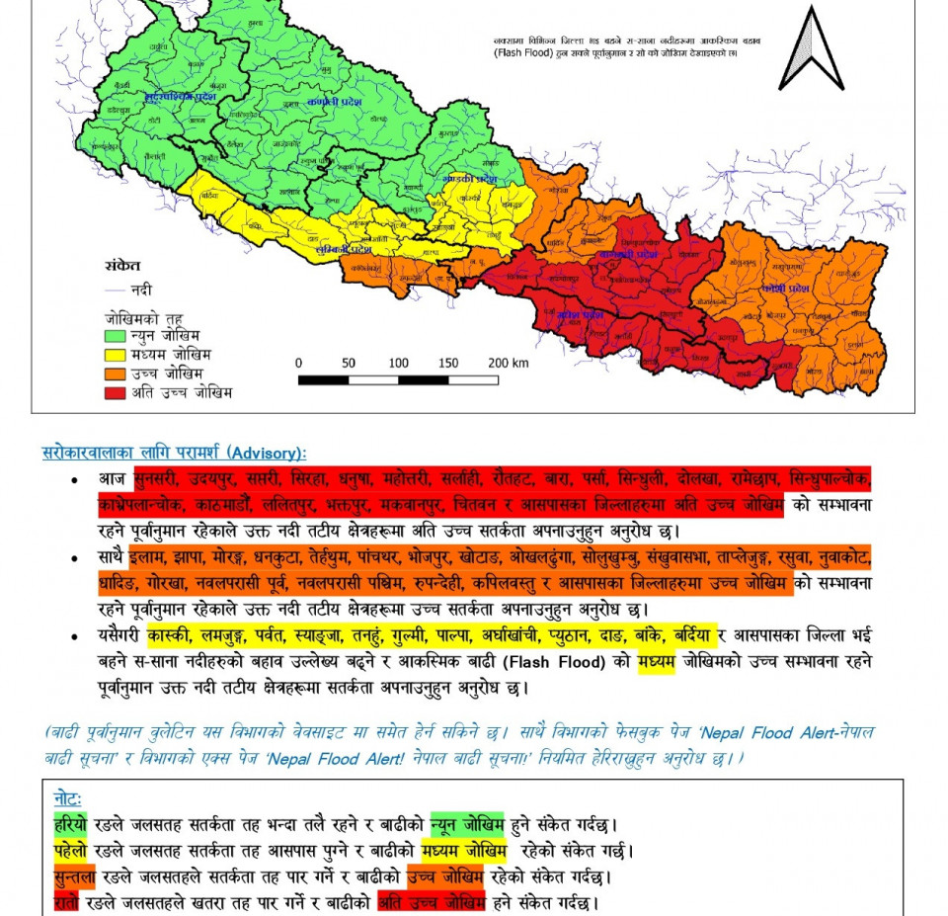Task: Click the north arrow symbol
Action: (811, 49)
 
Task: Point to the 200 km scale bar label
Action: (509, 363)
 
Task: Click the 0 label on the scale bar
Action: (298, 363)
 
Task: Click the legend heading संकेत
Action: (122, 267)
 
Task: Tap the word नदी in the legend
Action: (141, 291)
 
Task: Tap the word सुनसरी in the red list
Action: (156, 479)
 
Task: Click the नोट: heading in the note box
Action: (67, 796)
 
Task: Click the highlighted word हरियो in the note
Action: (70, 823)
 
